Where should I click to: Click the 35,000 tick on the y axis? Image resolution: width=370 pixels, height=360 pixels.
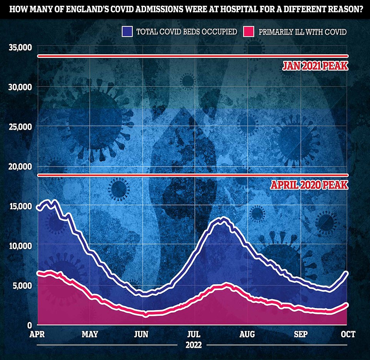point(19,47)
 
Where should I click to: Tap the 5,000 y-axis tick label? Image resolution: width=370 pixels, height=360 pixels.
point(21,285)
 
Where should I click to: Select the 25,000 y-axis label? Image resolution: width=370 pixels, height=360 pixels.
point(19,127)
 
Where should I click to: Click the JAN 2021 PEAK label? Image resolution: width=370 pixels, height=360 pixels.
point(315,66)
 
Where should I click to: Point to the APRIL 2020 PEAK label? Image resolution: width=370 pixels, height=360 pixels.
point(309,185)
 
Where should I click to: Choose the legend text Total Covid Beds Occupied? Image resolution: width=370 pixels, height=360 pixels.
point(187,32)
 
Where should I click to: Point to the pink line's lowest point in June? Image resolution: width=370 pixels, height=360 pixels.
point(146,315)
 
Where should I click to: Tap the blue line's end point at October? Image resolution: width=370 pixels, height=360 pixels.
point(347,273)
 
